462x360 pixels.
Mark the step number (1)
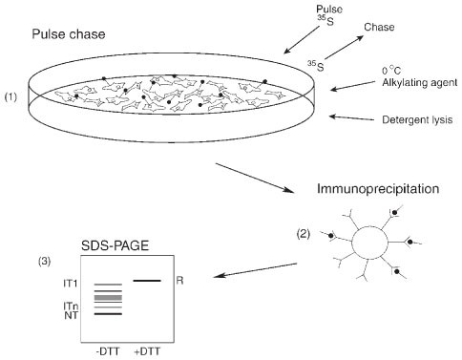12,97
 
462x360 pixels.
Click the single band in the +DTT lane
147,280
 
